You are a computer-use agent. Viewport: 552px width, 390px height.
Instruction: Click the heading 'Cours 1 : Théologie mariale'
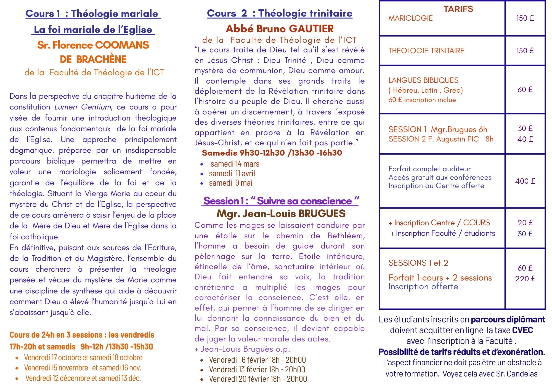point(93,14)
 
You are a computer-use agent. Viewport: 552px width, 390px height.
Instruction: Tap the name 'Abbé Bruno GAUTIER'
point(280,29)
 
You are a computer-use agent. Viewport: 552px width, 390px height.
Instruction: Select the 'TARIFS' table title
point(458,9)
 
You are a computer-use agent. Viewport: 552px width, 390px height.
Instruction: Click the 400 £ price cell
point(525,181)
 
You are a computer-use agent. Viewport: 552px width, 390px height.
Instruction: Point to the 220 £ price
point(525,279)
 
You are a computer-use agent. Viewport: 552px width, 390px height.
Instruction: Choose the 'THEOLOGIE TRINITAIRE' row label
point(426,51)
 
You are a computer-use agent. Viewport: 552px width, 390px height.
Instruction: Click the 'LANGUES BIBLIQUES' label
point(423,80)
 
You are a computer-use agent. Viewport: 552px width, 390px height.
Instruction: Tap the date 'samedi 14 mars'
point(235,164)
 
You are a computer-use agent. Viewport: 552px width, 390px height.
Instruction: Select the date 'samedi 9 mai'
point(230,183)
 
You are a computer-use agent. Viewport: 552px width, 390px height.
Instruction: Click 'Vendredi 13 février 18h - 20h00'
point(257,369)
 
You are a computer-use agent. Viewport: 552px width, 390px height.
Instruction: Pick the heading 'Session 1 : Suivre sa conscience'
point(280,201)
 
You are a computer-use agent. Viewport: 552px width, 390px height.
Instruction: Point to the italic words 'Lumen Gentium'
point(83,107)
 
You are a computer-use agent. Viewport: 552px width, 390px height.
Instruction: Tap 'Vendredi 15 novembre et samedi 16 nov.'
point(83,368)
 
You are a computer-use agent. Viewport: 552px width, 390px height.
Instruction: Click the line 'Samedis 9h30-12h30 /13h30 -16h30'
point(272,153)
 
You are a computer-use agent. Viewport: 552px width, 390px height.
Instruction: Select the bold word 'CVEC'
point(522,330)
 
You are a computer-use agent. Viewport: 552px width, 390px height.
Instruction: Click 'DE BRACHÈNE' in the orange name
point(93,59)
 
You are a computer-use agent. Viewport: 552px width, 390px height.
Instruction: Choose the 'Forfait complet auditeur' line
point(429,169)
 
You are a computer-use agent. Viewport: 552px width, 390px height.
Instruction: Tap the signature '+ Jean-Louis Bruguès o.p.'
point(242,349)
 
